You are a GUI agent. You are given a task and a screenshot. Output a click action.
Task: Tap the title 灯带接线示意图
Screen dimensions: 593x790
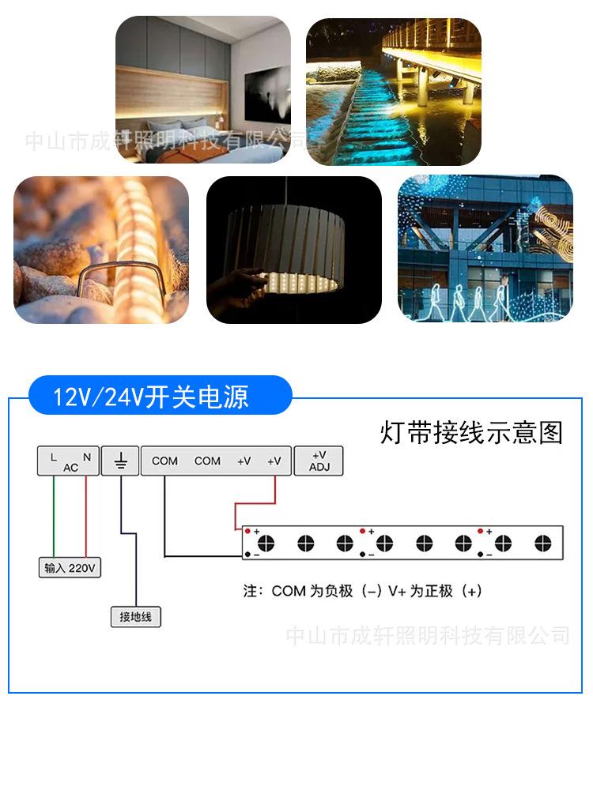[471, 432]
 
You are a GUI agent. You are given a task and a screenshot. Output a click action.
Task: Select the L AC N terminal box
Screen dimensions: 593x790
[69, 461]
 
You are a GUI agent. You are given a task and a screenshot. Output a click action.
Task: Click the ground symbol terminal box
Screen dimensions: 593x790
[121, 461]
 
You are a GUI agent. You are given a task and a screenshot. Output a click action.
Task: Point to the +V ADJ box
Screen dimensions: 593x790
[319, 461]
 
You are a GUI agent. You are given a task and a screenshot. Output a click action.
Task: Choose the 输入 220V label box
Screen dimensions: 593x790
[70, 568]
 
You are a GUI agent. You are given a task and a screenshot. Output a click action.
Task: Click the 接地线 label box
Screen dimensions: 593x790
[135, 617]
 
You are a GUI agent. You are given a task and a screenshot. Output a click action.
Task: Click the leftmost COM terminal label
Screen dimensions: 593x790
[164, 461]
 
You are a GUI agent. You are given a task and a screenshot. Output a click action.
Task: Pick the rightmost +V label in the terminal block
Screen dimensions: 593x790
[274, 461]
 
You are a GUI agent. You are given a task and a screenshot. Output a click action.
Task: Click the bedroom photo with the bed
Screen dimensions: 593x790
[203, 89]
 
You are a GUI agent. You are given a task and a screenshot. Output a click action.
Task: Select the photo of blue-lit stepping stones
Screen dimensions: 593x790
[394, 92]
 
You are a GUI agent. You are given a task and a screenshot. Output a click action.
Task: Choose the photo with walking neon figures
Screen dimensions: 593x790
[485, 249]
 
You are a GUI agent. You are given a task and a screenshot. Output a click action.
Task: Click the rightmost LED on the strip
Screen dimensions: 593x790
[542, 543]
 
